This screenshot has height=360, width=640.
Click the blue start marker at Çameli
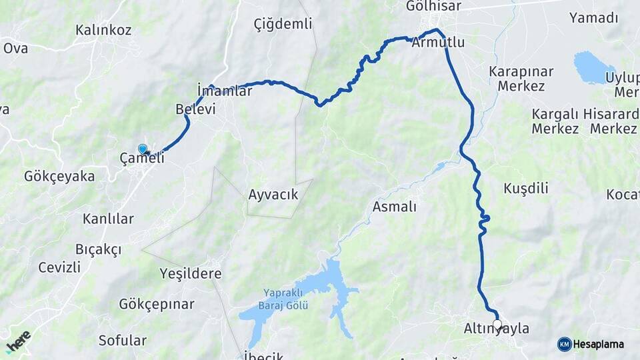pyautogui.click(x=143, y=149)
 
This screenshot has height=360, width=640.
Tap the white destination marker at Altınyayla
pyautogui.click(x=497, y=324)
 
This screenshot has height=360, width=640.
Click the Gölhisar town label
pyautogui.click(x=439, y=6)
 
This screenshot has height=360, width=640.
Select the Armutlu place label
pyautogui.click(x=438, y=43)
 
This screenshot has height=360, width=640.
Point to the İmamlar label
pyautogui.click(x=225, y=91)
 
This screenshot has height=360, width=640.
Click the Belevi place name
pyautogui.click(x=195, y=109)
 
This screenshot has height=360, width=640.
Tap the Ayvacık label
pyautogui.click(x=273, y=195)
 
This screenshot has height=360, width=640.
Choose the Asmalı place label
pyautogui.click(x=394, y=207)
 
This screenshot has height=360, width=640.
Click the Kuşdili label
pyautogui.click(x=526, y=188)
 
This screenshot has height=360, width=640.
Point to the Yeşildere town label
pyautogui.click(x=191, y=273)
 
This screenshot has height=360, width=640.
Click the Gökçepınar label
pyautogui.click(x=157, y=304)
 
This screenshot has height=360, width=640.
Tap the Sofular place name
pyautogui.click(x=122, y=340)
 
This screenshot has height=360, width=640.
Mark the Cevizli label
pyautogui.click(x=59, y=267)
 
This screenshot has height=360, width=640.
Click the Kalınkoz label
pyautogui.click(x=103, y=30)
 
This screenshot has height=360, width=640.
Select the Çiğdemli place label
pyautogui.click(x=283, y=24)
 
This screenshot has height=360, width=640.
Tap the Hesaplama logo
pyautogui.click(x=591, y=344)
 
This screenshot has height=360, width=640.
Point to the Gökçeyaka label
pyautogui.click(x=59, y=177)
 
